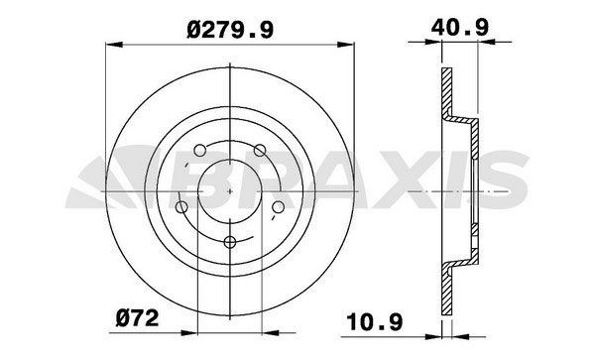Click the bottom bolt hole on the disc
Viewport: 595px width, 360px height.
[228, 241]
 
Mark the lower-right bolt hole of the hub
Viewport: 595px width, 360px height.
[278, 206]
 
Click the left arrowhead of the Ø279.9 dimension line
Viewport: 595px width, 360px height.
[109, 43]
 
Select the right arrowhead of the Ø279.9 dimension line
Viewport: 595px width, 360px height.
[349, 43]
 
